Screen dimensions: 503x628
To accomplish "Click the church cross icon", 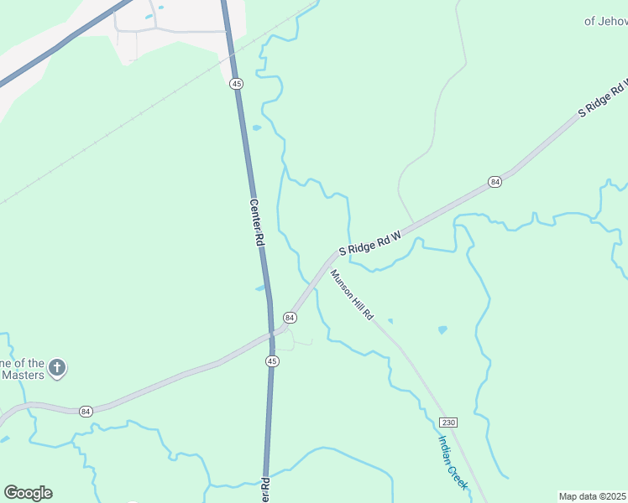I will [57, 367].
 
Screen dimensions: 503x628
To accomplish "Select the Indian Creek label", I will [453, 462].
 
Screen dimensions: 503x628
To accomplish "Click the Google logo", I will [28, 493].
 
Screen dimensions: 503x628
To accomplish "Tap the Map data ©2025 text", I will [593, 496].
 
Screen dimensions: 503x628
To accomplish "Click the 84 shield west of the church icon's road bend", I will [86, 411].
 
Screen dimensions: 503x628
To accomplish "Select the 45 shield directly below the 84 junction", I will [272, 360].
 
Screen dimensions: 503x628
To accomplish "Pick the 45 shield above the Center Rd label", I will [237, 84].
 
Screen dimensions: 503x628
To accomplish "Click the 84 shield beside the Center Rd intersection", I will [290, 318].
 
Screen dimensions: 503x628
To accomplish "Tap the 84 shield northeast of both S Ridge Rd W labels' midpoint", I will [495, 181].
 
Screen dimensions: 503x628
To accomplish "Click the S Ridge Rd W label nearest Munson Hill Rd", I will [371, 240].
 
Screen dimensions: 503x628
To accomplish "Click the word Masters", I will [23, 375].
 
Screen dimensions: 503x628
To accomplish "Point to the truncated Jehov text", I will [605, 21].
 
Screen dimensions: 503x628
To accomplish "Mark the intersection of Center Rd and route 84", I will [271, 333].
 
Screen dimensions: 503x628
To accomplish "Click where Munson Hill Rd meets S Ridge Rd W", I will [326, 262].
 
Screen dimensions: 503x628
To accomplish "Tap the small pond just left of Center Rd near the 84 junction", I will [259, 288].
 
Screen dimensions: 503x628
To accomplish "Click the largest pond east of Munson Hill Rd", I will [442, 329].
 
